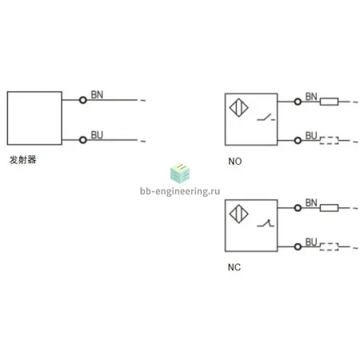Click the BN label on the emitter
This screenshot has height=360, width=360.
(97, 94)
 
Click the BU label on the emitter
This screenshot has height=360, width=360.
(97, 135)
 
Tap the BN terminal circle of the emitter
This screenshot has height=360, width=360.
(83, 100)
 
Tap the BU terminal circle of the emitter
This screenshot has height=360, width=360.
(83, 140)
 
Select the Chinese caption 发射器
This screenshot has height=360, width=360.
(22, 160)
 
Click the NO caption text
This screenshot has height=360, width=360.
(235, 162)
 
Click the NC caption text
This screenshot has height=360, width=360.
(234, 267)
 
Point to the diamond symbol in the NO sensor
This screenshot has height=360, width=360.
(239, 108)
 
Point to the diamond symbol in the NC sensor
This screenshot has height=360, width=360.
(239, 214)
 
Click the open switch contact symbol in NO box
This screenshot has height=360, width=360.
(266, 118)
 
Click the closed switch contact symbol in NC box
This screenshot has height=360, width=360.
(266, 223)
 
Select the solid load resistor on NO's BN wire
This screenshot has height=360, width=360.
(329, 102)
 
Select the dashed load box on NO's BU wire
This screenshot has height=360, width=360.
(329, 141)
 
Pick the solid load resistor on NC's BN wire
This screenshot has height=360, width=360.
(329, 208)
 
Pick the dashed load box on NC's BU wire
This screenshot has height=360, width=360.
(329, 246)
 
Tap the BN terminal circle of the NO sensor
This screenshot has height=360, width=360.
(298, 102)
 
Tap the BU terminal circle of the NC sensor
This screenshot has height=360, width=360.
(298, 246)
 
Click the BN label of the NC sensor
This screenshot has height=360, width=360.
(311, 202)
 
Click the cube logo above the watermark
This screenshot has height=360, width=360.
(180, 174)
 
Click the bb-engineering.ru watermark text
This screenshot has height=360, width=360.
(180, 191)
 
